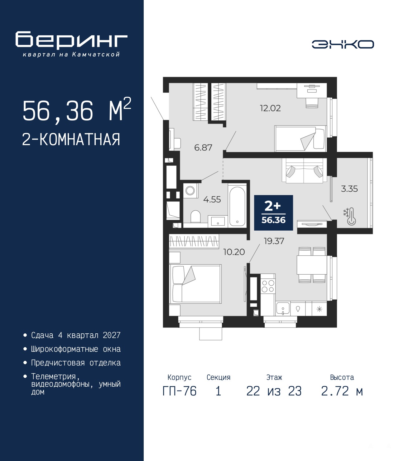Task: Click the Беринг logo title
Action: pos(71,40)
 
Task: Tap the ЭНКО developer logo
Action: pos(343,44)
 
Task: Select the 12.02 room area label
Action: pos(270,108)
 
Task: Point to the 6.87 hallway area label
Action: pos(203,147)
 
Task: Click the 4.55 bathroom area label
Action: pos(212,199)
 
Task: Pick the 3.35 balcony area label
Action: pos(349,189)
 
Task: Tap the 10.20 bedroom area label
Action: pos(234,252)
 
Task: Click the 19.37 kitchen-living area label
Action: pos(274,241)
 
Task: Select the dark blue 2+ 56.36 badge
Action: pos(273,213)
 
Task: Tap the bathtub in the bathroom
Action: pos(237,206)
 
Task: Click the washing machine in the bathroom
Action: pos(190,191)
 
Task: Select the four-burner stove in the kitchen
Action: pos(268,286)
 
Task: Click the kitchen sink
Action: pos(283,309)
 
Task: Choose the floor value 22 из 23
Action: pos(274,391)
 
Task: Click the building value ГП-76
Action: pos(179,391)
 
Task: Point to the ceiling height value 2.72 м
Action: pos(342,391)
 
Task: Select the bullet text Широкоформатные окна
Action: pos(76,349)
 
